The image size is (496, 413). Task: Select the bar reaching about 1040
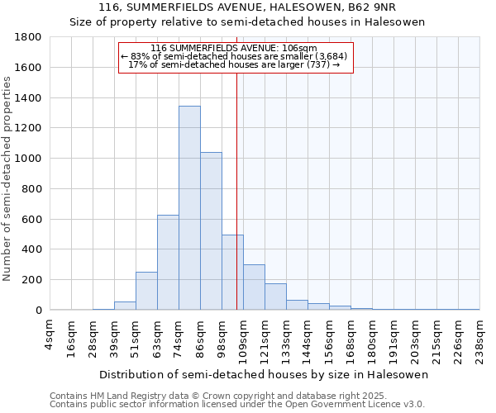211,231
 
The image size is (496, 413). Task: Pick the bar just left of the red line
232,273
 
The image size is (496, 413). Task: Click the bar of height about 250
146,291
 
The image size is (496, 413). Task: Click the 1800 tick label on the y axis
28,37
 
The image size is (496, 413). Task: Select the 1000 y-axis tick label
28,159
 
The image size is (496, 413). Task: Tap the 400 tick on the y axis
31,249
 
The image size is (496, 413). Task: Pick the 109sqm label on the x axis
243,335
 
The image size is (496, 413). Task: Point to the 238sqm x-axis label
479,335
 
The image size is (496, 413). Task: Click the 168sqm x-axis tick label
351,335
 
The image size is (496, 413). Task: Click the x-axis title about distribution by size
265,374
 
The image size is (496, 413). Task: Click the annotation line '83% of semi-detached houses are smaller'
236,56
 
